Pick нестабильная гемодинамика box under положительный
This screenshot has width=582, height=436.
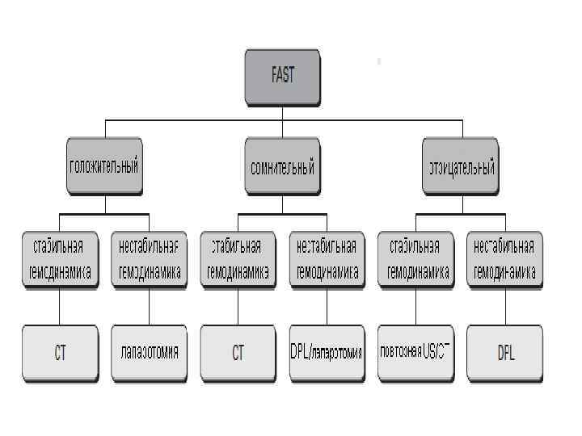coord(149,259)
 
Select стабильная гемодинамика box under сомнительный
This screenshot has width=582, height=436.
coord(238,259)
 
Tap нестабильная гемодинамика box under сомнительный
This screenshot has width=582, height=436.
coord(327,259)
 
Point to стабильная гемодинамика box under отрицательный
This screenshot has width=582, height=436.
coord(415,259)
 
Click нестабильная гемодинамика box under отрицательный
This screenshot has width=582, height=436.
coord(504,259)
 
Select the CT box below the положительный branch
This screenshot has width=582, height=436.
coord(60,353)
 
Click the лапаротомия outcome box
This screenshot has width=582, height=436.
coord(149,353)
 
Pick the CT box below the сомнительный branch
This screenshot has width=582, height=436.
coord(238,353)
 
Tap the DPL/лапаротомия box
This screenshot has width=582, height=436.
coord(327,353)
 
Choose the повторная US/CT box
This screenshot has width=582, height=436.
coord(415,353)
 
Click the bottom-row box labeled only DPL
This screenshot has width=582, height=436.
coord(504,353)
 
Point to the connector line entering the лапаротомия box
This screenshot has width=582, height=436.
coord(150,307)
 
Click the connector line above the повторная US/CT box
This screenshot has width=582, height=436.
coord(415,307)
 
